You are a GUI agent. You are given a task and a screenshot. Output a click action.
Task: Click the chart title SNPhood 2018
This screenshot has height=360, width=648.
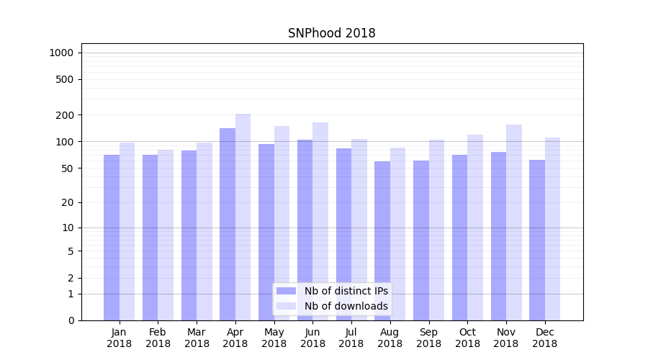coord(331,33)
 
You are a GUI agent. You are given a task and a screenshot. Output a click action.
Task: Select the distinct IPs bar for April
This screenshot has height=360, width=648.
coord(228,224)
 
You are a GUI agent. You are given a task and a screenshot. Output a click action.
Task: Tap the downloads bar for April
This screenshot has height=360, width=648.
coord(243,217)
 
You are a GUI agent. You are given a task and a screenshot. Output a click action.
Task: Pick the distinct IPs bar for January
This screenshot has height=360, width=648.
coord(112,238)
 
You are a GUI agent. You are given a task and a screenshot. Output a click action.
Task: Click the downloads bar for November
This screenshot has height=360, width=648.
coord(514,222)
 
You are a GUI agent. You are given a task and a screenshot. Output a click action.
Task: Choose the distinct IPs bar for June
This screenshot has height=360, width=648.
coord(305,230)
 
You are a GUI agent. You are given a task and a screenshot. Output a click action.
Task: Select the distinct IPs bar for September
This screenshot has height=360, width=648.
coord(421,240)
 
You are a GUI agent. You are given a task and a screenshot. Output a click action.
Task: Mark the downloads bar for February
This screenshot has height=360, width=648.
coord(166,235)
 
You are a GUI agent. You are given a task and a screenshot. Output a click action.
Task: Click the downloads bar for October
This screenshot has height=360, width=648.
coord(475,228)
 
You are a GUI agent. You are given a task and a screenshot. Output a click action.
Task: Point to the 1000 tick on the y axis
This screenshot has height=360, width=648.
coord(61,53)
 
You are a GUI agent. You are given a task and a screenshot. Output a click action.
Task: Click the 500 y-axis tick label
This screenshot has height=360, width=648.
coord(66,79)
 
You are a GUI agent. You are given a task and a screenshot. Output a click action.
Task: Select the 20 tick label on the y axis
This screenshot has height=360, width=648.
coord(68,202)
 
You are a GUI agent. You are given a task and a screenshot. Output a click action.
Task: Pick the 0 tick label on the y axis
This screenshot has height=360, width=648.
coord(71,320)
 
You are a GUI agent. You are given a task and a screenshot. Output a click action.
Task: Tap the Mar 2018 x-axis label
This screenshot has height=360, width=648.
coord(197,338)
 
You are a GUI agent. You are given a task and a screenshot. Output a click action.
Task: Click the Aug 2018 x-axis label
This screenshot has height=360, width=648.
coord(390,338)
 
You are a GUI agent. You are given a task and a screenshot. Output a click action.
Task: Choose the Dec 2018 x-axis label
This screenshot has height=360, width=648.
coord(544,338)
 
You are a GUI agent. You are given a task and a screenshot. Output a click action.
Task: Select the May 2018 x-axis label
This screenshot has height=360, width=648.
coord(274,338)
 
